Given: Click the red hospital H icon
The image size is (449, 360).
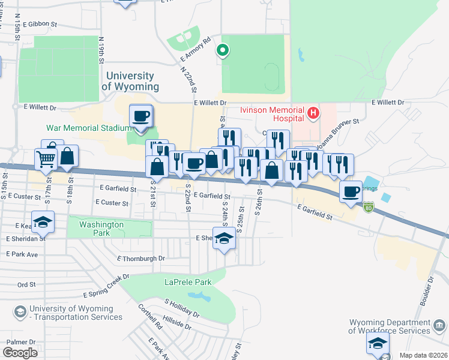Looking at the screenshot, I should pos(312,112).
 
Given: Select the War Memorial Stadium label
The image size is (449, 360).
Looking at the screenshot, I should pos(89,128).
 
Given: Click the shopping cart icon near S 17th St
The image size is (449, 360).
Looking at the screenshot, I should pos(46,160).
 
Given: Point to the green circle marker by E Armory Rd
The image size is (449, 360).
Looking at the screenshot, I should pos(223,51).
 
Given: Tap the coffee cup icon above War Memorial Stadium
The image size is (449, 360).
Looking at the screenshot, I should pos(141,116).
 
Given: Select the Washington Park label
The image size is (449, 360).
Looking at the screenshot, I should pos(101,229).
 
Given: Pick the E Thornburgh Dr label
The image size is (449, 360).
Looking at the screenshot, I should pos(140,259).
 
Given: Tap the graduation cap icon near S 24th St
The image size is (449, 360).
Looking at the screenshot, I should pos(224,238).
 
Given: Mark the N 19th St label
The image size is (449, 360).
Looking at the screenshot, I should pos(102,50).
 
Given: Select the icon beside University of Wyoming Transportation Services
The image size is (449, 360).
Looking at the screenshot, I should pos(20,312).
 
